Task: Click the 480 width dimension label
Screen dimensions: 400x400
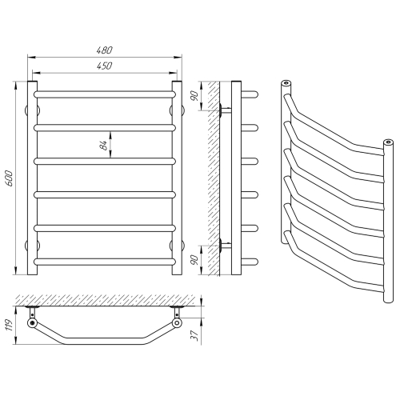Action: click(x=105, y=50)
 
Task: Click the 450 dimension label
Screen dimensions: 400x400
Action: click(x=105, y=66)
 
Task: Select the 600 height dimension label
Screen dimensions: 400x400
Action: click(x=9, y=178)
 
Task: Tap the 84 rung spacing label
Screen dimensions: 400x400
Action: click(x=104, y=146)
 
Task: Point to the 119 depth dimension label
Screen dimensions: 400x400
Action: click(x=9, y=325)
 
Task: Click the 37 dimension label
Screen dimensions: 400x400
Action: click(x=196, y=335)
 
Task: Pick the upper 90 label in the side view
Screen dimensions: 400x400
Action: click(x=196, y=96)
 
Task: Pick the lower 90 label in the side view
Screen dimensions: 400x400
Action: click(x=196, y=260)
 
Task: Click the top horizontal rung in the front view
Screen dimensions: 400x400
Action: click(x=105, y=94)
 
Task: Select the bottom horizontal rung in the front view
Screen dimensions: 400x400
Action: click(x=105, y=262)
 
